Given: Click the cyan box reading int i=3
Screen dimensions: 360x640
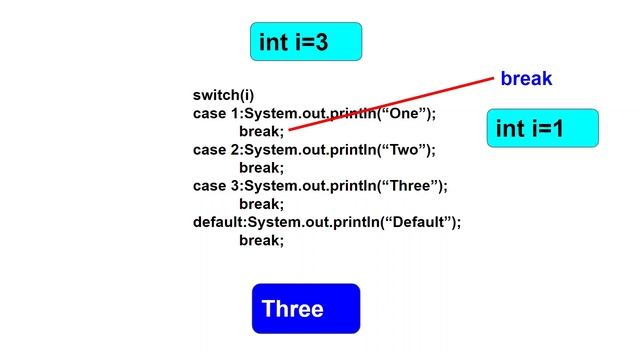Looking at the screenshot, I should coord(305,42).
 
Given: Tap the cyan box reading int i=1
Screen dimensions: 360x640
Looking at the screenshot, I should coord(542,129).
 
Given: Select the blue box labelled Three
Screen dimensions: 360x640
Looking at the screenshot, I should coord(305,309).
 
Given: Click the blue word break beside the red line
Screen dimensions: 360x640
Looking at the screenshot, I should coord(526,78).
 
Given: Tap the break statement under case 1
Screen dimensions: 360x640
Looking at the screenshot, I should coord(261,132).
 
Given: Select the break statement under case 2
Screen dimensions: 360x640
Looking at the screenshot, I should coord(261,168).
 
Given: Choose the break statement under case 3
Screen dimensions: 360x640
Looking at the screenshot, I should coord(261,204).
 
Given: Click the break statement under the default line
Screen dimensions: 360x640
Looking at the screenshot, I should coord(261,240).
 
